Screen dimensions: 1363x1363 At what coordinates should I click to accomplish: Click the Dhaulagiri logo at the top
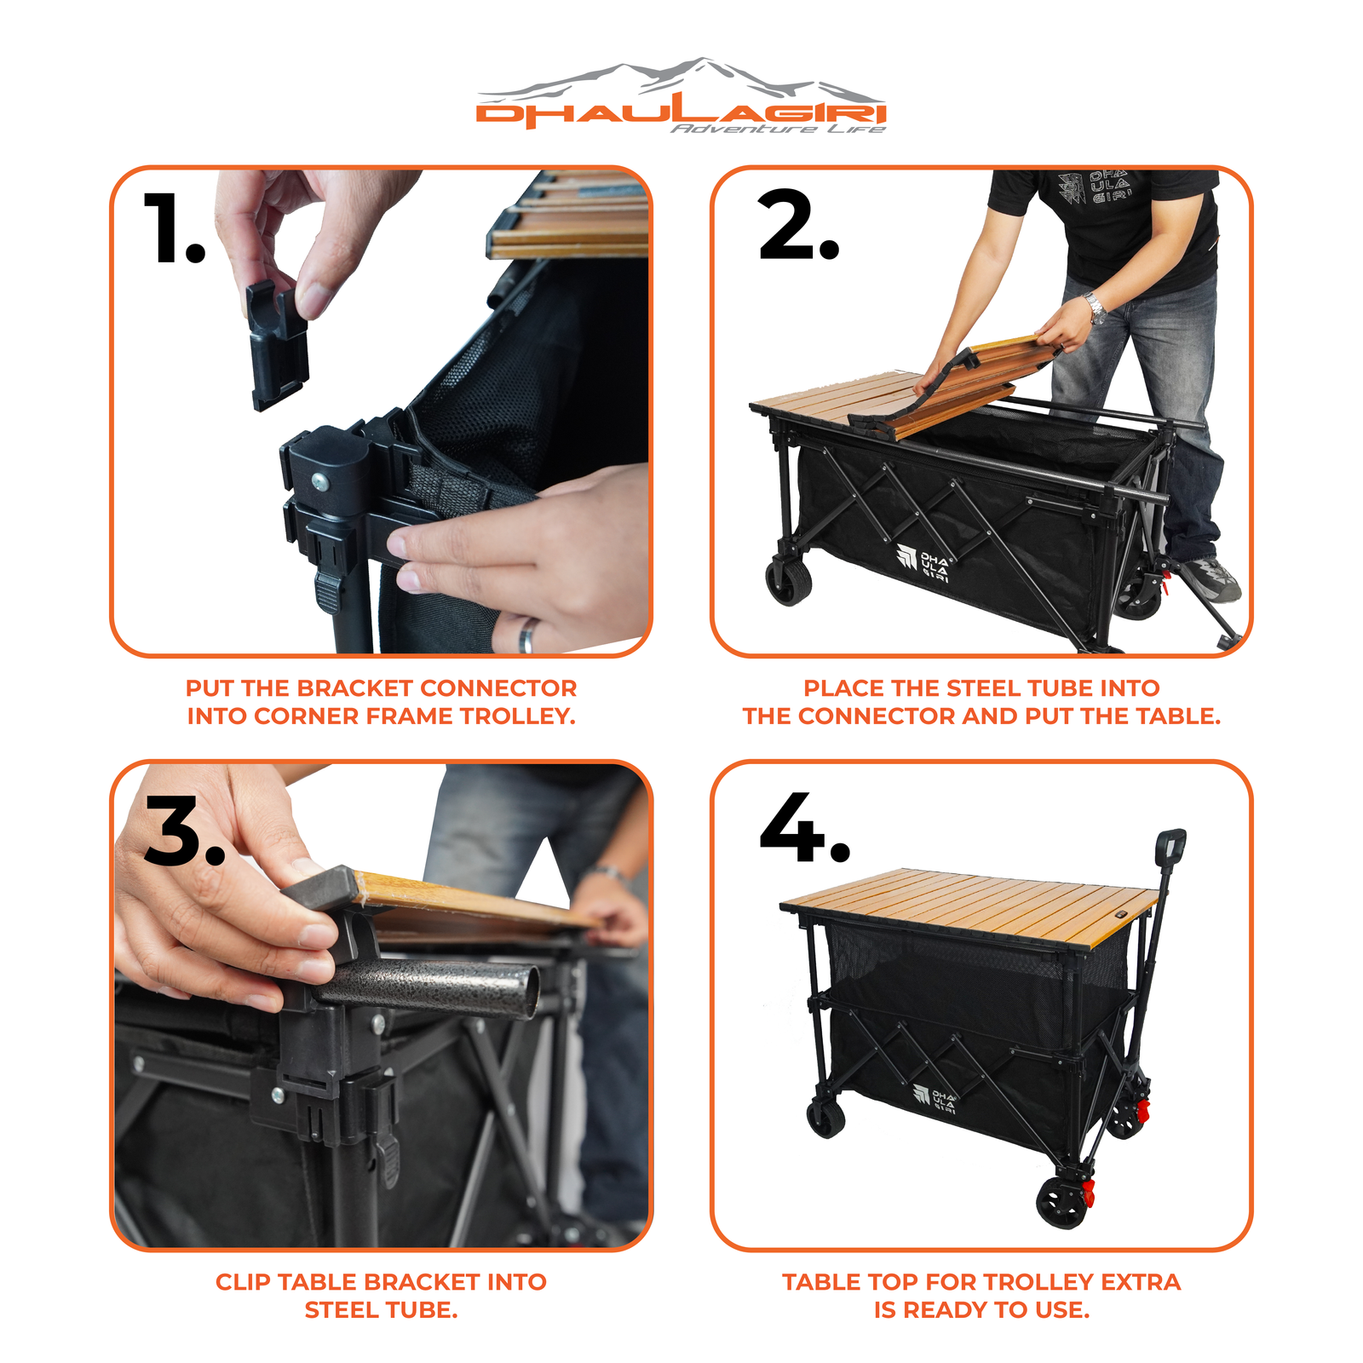(681, 95)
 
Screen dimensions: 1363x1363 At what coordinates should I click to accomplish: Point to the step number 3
(184, 831)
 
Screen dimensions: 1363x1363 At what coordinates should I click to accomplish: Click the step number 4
(804, 827)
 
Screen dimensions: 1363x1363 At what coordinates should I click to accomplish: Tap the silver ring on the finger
(527, 635)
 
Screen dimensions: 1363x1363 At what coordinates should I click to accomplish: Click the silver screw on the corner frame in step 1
(320, 482)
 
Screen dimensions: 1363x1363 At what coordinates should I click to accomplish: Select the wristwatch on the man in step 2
(1095, 307)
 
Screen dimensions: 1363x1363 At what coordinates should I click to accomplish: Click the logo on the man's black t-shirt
(1094, 188)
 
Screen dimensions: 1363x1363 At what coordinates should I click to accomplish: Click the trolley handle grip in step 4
(1170, 853)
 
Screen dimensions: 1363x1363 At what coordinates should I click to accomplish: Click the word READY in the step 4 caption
(943, 1310)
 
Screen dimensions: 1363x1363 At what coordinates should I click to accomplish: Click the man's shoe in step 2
(1211, 580)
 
